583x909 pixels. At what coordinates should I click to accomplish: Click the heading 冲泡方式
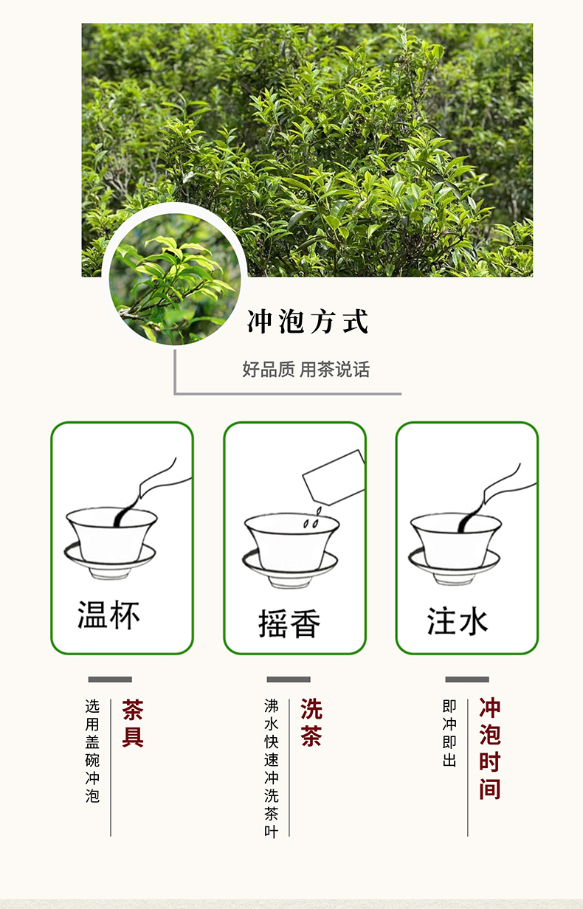tap(307, 322)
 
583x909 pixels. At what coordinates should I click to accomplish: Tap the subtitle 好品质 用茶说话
tap(306, 370)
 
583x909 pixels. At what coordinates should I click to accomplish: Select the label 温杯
tap(108, 615)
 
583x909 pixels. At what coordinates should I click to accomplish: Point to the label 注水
tap(458, 621)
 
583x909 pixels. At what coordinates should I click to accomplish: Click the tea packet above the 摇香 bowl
tap(334, 477)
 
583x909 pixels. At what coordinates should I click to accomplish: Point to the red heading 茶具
tap(133, 724)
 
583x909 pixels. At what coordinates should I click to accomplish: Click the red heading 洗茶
tap(311, 724)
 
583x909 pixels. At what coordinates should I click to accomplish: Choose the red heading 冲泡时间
tap(490, 750)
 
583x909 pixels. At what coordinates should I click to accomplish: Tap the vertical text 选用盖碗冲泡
tap(92, 751)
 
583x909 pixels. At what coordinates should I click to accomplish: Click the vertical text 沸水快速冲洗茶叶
tap(272, 768)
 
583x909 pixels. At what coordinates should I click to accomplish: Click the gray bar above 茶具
tap(110, 680)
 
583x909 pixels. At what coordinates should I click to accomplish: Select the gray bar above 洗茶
tap(289, 680)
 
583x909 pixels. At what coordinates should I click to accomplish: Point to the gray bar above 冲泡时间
tap(467, 680)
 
